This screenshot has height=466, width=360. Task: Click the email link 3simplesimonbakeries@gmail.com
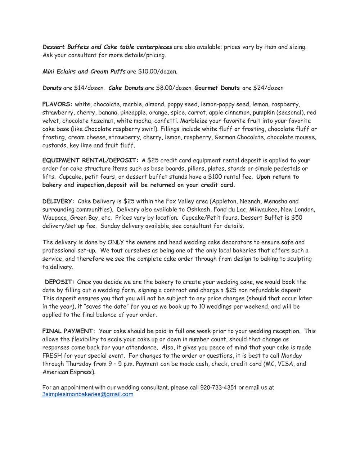tap(88, 394)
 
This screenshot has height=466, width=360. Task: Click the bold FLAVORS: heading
tap(58, 104)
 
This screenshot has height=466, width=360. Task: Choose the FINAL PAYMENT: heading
tap(69, 331)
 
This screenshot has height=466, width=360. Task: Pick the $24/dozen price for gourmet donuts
tap(268, 88)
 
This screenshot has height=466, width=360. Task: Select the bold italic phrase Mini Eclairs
tap(59, 72)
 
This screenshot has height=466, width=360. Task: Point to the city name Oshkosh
tap(197, 210)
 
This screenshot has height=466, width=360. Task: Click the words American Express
tap(68, 372)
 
